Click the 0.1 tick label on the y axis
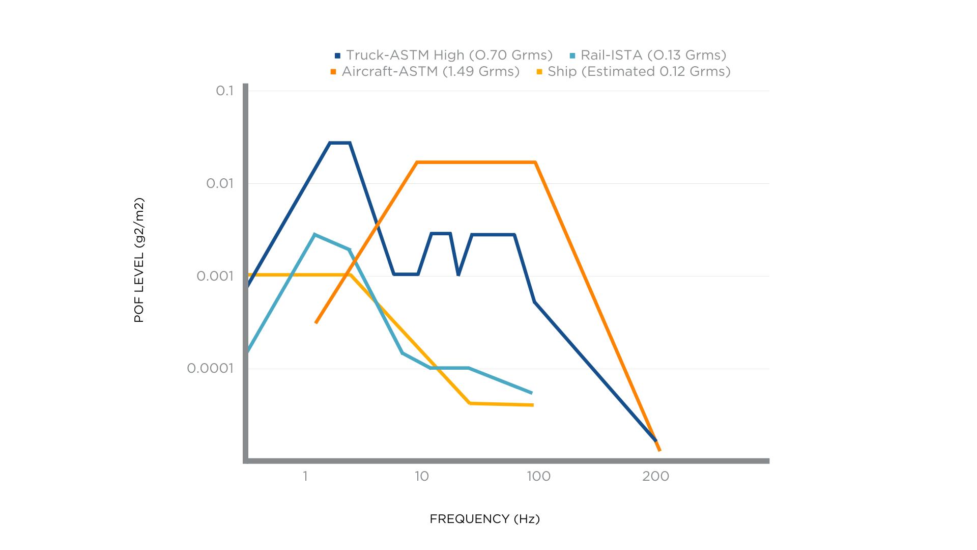(224, 91)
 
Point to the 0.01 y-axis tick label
(220, 183)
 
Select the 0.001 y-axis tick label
(215, 276)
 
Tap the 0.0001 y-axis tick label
(210, 368)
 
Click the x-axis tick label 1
(305, 476)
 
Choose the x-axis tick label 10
(421, 476)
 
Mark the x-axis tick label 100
(538, 476)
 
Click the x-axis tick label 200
(655, 476)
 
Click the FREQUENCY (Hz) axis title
(484, 519)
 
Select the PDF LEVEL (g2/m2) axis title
(139, 260)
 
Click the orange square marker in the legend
(333, 72)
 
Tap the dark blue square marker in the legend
(337, 56)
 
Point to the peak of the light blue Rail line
(315, 235)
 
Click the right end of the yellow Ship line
(533, 405)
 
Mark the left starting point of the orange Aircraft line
(316, 323)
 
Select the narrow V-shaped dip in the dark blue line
(458, 274)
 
